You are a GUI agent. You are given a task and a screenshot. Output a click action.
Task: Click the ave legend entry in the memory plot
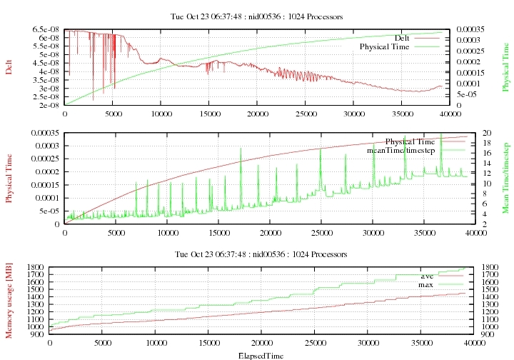tap(428, 276)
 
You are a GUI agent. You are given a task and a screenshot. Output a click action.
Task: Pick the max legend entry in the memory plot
tap(427, 284)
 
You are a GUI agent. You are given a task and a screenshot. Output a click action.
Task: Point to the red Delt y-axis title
tap(9, 67)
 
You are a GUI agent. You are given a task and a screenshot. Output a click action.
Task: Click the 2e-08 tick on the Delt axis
tap(48, 105)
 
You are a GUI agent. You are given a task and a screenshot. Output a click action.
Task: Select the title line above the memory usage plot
tap(258, 254)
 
